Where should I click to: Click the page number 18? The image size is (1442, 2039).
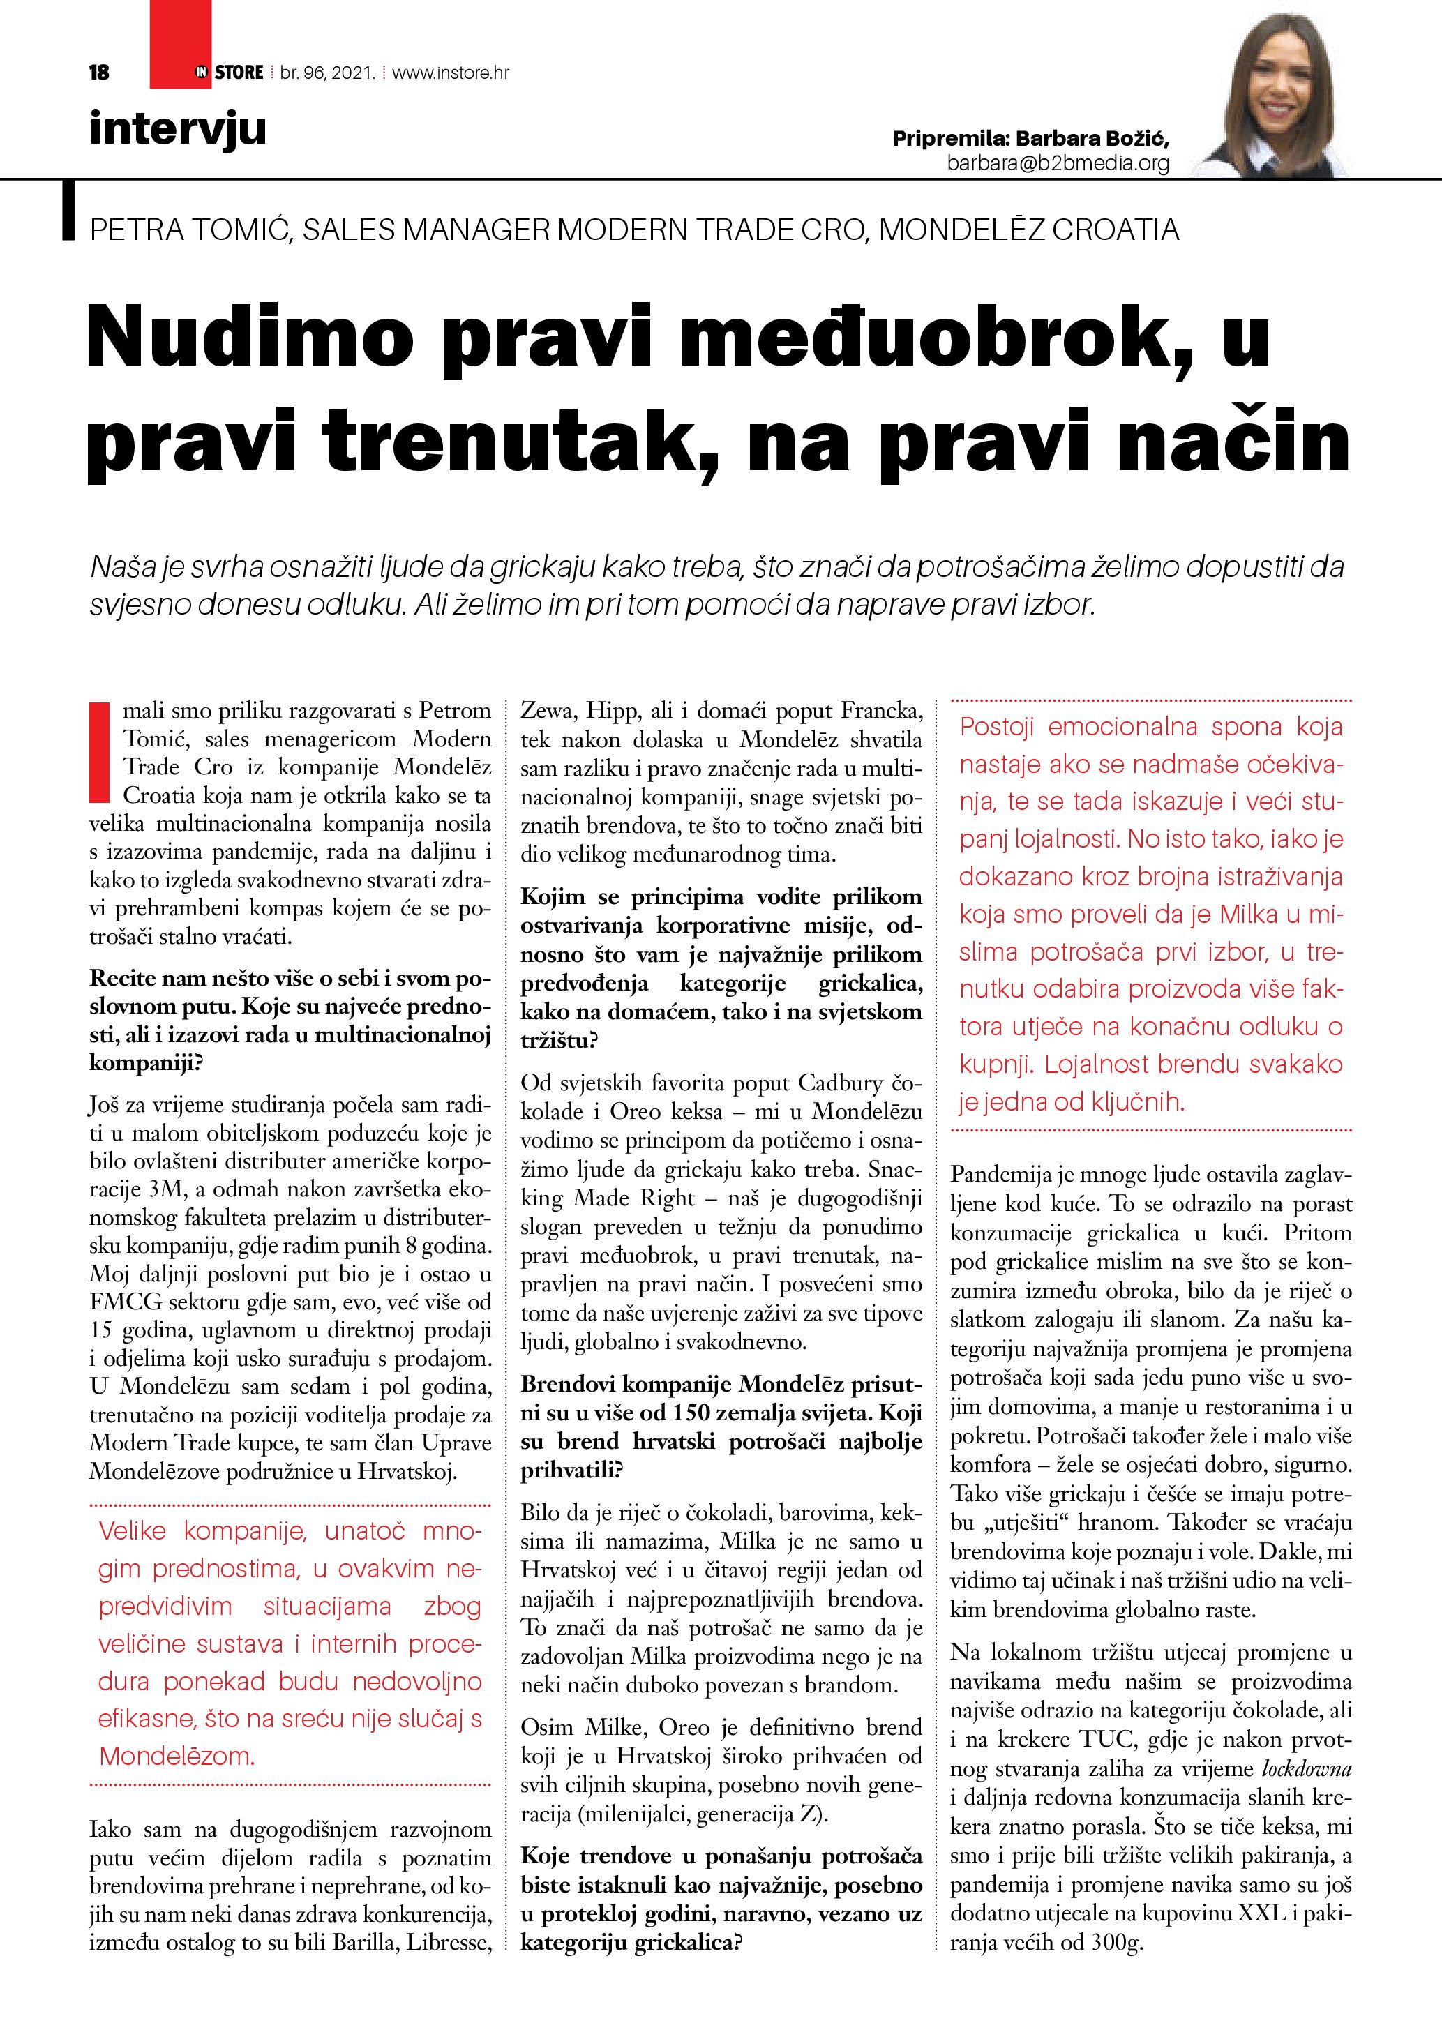click(100, 73)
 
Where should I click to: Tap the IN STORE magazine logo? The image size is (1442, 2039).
click(229, 73)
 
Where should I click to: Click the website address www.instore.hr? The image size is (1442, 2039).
click(450, 73)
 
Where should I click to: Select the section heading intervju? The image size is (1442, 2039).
click(178, 129)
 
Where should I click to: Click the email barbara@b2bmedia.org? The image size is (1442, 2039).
click(1058, 163)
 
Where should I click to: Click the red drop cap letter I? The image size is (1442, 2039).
click(100, 751)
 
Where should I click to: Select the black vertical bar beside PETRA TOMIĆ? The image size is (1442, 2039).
click(68, 211)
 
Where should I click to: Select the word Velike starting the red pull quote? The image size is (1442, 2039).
click(133, 1531)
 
